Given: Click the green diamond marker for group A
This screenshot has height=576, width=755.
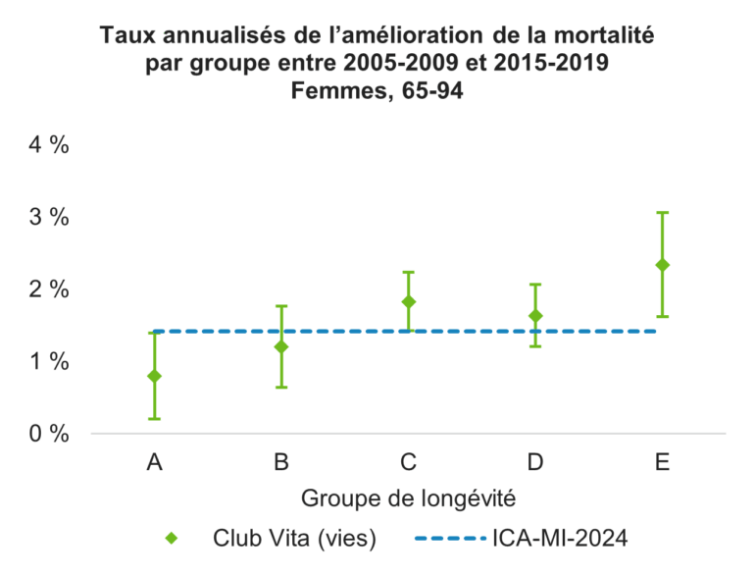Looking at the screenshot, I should tap(154, 376).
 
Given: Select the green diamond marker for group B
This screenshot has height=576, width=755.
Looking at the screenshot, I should tap(281, 346).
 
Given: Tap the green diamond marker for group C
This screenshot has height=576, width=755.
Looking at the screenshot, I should tap(409, 301).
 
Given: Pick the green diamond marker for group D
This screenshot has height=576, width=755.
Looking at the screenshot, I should tap(535, 316).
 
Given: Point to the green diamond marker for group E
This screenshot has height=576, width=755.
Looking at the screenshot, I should tap(663, 265).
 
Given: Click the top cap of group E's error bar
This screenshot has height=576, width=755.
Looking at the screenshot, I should tap(663, 212).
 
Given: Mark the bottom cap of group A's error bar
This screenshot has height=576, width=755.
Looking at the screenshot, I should tap(154, 419).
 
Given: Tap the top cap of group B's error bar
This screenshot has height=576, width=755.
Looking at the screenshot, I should tap(281, 306).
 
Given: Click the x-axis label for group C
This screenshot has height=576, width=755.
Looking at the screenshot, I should tap(409, 461).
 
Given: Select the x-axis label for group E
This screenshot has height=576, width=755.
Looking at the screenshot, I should tap(663, 461).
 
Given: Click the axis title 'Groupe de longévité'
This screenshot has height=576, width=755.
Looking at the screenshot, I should tap(409, 497).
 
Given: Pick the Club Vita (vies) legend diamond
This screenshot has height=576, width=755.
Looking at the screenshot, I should tap(172, 538).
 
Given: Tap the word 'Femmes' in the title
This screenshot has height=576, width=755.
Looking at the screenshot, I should tap(330, 94).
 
